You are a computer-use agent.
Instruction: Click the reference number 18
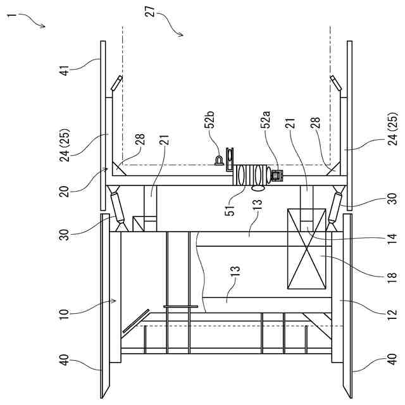(x=392, y=277)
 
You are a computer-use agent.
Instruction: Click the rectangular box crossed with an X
(x=306, y=249)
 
